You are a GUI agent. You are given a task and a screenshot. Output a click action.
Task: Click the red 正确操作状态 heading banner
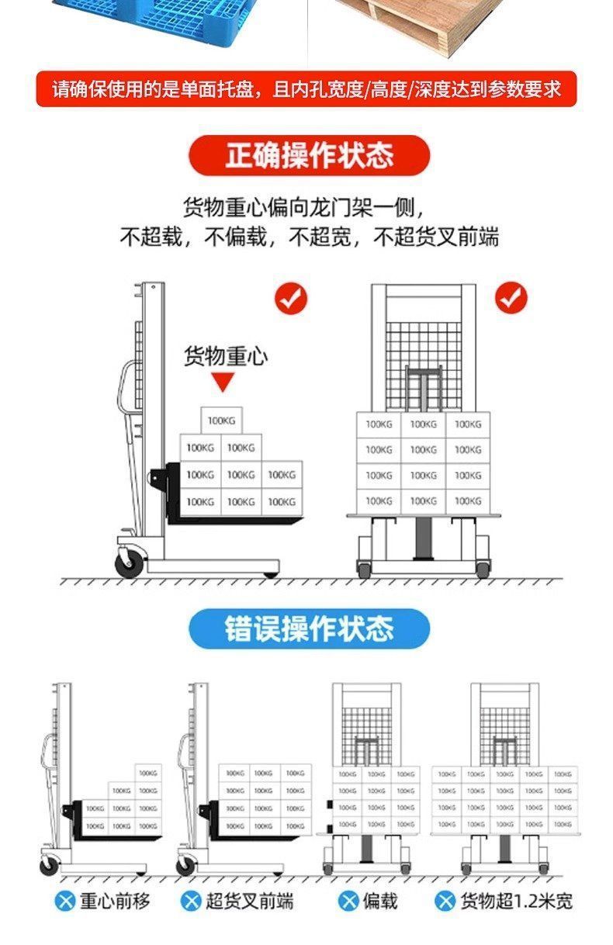[309, 155]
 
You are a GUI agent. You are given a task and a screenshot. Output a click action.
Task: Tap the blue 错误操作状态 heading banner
[309, 628]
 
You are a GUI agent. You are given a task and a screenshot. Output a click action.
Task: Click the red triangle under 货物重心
[223, 382]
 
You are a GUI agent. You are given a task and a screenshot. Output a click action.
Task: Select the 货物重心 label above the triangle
[225, 356]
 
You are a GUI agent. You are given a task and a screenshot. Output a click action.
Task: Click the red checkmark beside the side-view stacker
[292, 298]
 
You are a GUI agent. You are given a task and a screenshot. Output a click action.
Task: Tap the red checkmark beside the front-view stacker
[510, 298]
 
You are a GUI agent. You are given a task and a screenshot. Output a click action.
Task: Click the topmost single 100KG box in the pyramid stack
[221, 421]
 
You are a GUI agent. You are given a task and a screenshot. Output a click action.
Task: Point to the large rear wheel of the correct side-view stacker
[129, 562]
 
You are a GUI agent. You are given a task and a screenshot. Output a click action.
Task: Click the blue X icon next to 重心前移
[66, 901]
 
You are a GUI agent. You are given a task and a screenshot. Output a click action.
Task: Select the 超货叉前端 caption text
[250, 901]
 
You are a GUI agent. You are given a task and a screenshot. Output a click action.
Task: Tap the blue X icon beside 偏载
[348, 901]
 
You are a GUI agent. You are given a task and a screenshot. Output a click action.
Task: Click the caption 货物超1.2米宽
[516, 901]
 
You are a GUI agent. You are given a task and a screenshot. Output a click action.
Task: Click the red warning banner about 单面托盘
[307, 89]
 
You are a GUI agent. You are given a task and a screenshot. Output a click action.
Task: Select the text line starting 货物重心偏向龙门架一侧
[303, 207]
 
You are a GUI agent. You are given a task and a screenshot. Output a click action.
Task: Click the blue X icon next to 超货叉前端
[191, 901]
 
